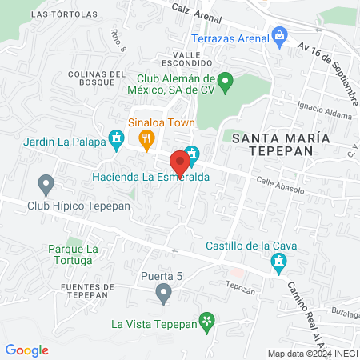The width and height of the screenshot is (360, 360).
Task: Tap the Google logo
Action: point(26,350)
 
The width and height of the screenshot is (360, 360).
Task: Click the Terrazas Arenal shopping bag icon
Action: point(279,34)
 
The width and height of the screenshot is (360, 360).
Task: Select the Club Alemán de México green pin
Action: point(226,80)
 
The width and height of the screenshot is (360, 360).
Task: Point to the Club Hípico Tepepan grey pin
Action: point(46,185)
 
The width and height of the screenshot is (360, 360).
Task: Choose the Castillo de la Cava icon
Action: point(278,261)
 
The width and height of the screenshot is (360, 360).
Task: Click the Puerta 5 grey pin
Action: point(164,294)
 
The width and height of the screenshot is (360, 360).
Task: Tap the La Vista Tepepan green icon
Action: point(207,323)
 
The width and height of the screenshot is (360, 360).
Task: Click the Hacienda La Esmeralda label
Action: point(139,176)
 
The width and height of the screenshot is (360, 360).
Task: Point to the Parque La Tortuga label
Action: point(73,255)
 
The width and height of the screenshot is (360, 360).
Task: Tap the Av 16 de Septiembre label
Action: point(328,71)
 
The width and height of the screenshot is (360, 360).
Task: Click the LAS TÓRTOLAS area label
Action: point(66,14)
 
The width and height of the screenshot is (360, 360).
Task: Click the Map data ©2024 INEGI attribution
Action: point(313,353)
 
